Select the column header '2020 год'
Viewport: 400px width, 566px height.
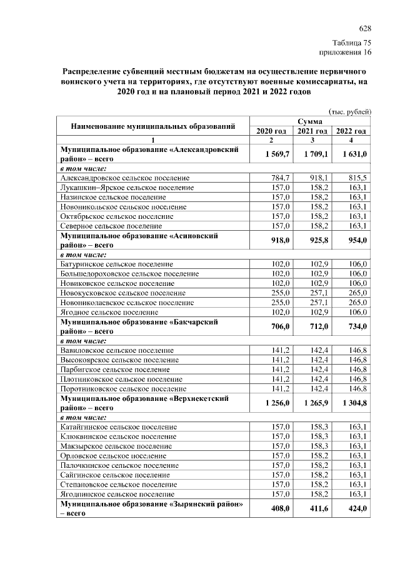pos(271,131)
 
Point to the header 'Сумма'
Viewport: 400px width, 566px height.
pos(311,121)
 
